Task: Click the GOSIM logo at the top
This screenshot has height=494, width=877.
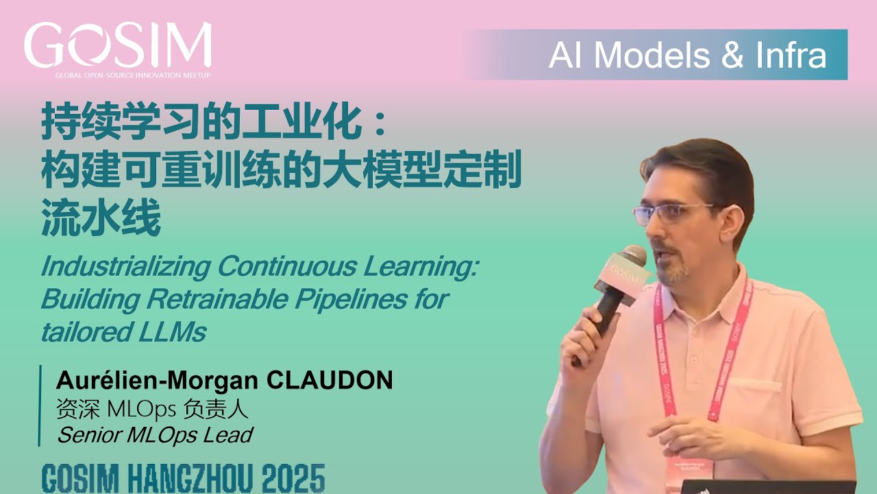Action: [118, 46]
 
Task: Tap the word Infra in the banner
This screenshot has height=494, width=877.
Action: [791, 56]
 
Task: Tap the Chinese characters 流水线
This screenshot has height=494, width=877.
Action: [101, 219]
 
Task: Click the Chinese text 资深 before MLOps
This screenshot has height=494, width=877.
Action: [79, 410]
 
